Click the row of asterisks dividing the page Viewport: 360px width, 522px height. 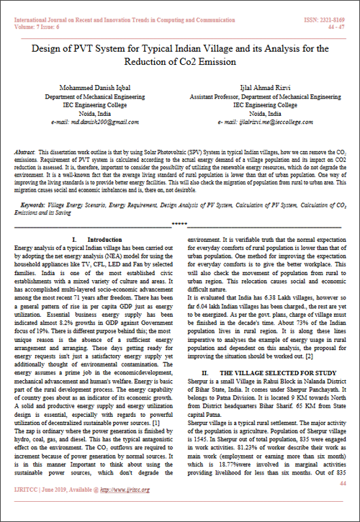(180, 225)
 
